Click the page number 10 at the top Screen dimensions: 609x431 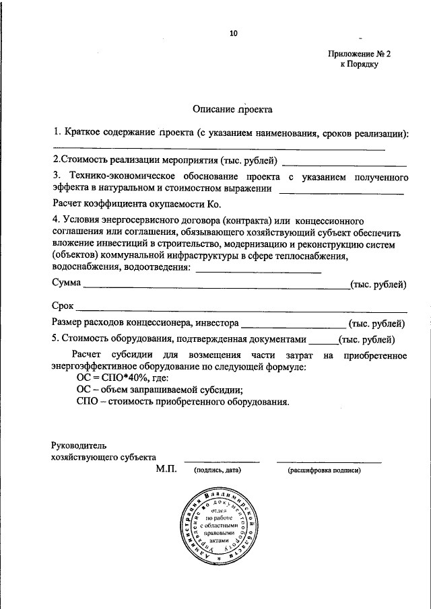(x=234, y=32)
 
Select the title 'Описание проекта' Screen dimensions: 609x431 (x=233, y=108)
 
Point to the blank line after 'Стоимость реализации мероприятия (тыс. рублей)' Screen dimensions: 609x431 (x=343, y=164)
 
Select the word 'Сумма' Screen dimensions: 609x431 (x=67, y=284)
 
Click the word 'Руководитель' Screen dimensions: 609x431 (x=77, y=445)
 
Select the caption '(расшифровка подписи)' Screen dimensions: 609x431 (x=324, y=471)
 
